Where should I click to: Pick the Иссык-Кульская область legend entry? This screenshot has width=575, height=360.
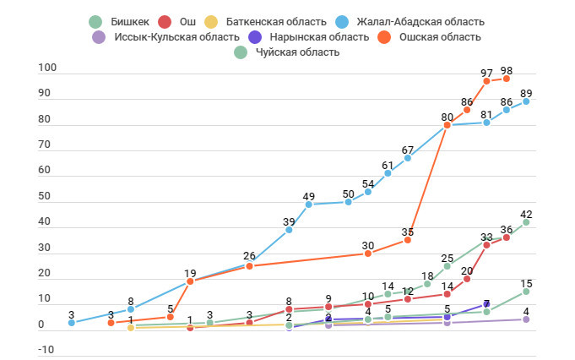161,37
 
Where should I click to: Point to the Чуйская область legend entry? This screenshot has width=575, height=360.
288,52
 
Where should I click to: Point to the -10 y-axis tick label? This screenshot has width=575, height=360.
46,351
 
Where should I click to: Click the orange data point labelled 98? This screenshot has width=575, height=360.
507,79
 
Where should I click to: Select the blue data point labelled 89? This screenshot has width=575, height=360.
526,101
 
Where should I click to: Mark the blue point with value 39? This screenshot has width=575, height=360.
289,230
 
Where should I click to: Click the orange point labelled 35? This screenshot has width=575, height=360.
408,240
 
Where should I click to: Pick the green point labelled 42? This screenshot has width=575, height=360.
526,222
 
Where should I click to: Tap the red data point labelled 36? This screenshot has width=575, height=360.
507,237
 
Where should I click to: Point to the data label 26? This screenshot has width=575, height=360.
249,256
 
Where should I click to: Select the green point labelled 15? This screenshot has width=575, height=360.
526,292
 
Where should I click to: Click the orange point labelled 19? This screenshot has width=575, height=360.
190,281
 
